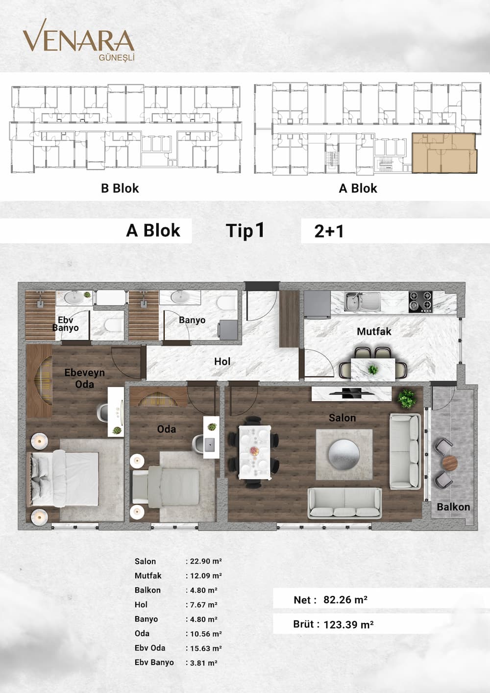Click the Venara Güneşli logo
pos(78,40)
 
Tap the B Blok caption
pos(120,188)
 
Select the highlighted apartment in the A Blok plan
pos(444,153)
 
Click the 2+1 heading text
pos(329,231)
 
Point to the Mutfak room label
pos(374,332)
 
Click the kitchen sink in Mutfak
pos(362,301)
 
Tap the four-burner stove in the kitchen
pos(421,301)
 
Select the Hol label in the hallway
pos(222,361)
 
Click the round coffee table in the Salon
pos(344,454)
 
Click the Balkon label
pos(453,507)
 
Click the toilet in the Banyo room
pos(227,303)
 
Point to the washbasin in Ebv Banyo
pos(73,298)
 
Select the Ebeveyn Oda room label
pos(84,378)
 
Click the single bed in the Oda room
pos(166,487)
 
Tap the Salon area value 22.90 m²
pos(204,561)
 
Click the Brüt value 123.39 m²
pos(348,624)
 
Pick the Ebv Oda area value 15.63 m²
pos(204,648)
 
